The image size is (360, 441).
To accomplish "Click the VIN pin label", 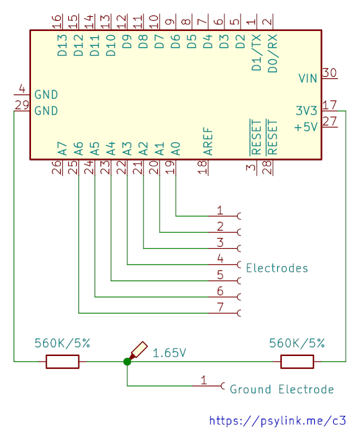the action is [x=307, y=78].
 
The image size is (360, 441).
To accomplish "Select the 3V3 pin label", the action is [x=306, y=111].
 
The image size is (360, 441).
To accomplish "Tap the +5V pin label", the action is [x=305, y=127].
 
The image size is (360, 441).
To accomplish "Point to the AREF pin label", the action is [x=208, y=141].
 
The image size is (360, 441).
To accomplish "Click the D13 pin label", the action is [x=62, y=45].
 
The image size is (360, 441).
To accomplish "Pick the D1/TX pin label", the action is [x=257, y=53].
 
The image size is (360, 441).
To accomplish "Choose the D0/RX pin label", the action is [x=273, y=53].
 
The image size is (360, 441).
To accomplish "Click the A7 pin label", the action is [x=62, y=148].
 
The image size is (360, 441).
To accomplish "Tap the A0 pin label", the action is [x=175, y=148].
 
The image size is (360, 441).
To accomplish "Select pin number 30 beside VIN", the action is [x=330, y=73].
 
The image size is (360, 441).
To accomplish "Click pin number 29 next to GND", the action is [x=22, y=105].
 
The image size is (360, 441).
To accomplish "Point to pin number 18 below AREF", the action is [x=202, y=167].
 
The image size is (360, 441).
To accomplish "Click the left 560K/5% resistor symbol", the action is [x=63, y=361].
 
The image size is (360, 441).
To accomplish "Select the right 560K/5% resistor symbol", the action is [x=297, y=361].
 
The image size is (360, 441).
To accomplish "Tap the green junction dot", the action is [x=127, y=361].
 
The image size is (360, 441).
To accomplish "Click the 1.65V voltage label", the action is [x=169, y=353].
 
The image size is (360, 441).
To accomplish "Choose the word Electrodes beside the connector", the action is [x=277, y=268].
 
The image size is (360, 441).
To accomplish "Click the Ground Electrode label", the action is [x=282, y=390].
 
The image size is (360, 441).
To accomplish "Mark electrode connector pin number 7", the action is [x=220, y=307].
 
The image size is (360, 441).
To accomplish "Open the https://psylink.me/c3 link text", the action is [x=278, y=421].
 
